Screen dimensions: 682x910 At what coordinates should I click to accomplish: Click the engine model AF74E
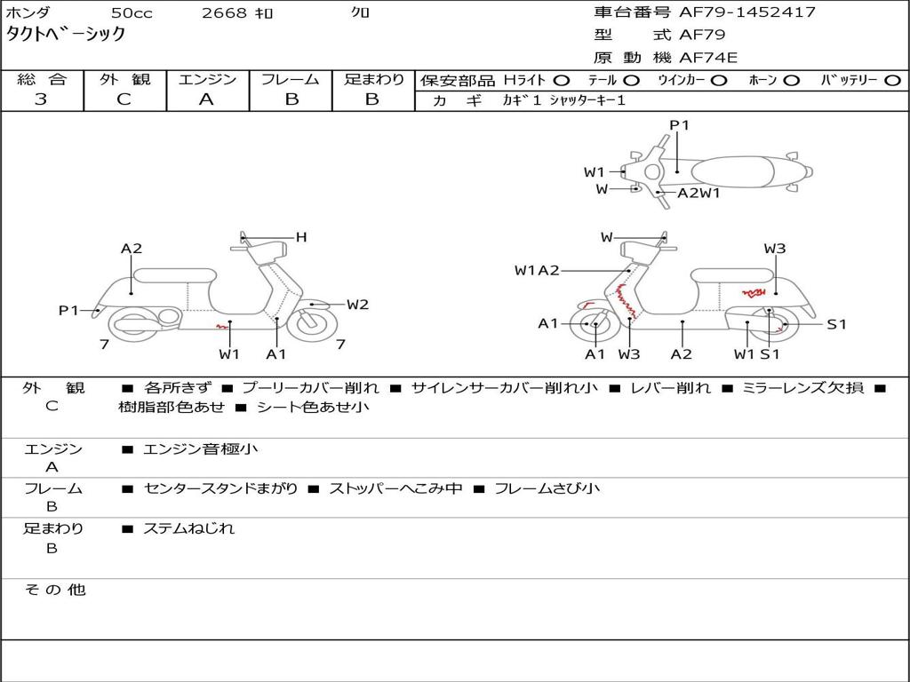pyautogui.click(x=708, y=58)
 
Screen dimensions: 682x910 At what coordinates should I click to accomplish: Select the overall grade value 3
pyautogui.click(x=41, y=99)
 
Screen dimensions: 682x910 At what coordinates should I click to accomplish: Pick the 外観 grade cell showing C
pyautogui.click(x=124, y=99)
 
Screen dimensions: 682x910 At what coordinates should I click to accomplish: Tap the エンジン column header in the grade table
pyautogui.click(x=207, y=79)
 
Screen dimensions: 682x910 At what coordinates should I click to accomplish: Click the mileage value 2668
pyautogui.click(x=223, y=13)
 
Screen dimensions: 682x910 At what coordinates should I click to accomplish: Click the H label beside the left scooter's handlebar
pyautogui.click(x=301, y=237)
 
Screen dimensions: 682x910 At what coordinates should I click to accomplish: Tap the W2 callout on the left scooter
pyautogui.click(x=357, y=305)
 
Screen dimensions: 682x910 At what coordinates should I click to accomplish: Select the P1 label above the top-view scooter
pyautogui.click(x=679, y=125)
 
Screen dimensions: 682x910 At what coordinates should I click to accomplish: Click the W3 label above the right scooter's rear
pyautogui.click(x=775, y=249)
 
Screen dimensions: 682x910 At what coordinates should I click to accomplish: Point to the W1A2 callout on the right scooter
pyautogui.click(x=537, y=271)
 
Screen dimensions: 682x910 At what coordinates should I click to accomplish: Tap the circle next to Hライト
pyautogui.click(x=562, y=80)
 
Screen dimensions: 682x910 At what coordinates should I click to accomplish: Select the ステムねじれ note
pyautogui.click(x=189, y=528)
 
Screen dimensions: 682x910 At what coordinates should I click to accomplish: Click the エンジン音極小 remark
pyautogui.click(x=200, y=449)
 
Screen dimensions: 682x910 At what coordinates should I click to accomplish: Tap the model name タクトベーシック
pyautogui.click(x=67, y=35)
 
